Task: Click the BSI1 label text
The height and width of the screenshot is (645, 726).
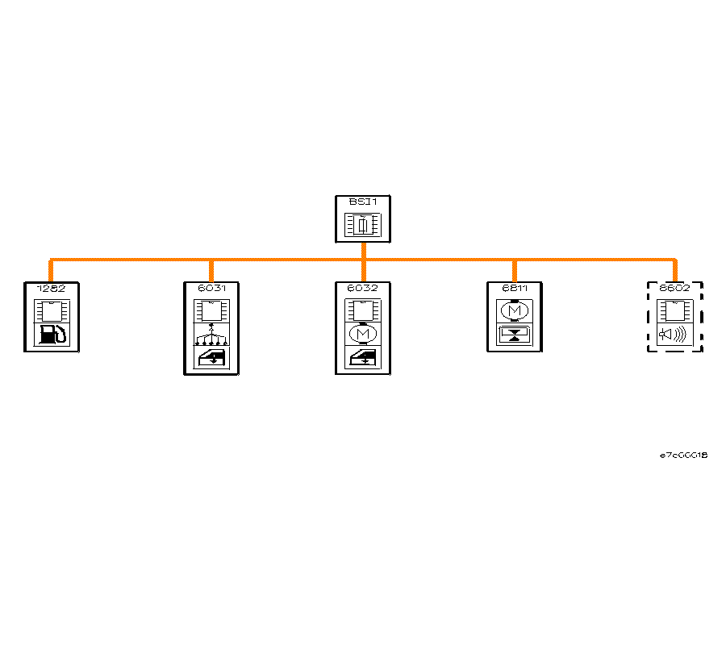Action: pos(363,201)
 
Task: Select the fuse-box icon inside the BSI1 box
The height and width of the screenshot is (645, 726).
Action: pos(363,225)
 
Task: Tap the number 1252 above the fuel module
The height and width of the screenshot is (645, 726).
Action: pos(51,288)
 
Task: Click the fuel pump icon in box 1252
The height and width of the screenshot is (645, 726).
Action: pos(52,335)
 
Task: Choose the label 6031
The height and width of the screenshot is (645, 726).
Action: pos(211,288)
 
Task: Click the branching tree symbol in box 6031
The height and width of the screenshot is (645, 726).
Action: pos(211,334)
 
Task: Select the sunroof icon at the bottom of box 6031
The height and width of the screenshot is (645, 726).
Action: pos(211,358)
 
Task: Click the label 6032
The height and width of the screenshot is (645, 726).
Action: pos(363,288)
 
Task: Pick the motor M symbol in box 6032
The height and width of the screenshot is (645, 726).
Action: pos(363,334)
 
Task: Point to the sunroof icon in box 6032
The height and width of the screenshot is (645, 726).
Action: pos(363,358)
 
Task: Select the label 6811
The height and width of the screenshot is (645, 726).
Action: pos(514,288)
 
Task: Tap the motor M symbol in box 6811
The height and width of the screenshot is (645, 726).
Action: pos(514,310)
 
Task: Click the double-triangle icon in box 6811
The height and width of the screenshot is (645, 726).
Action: pos(514,335)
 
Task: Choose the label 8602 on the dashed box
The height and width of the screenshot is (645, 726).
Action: pos(674,288)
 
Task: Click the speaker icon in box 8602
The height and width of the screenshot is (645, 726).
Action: pos(674,335)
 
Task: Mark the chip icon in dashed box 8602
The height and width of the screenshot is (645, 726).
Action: pos(674,310)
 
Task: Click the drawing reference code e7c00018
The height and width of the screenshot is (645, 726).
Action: pos(683,456)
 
